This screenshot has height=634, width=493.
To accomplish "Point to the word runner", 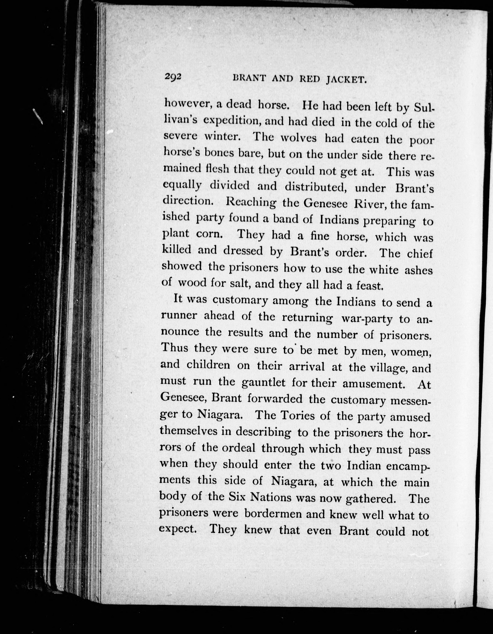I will [x=179, y=316].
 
